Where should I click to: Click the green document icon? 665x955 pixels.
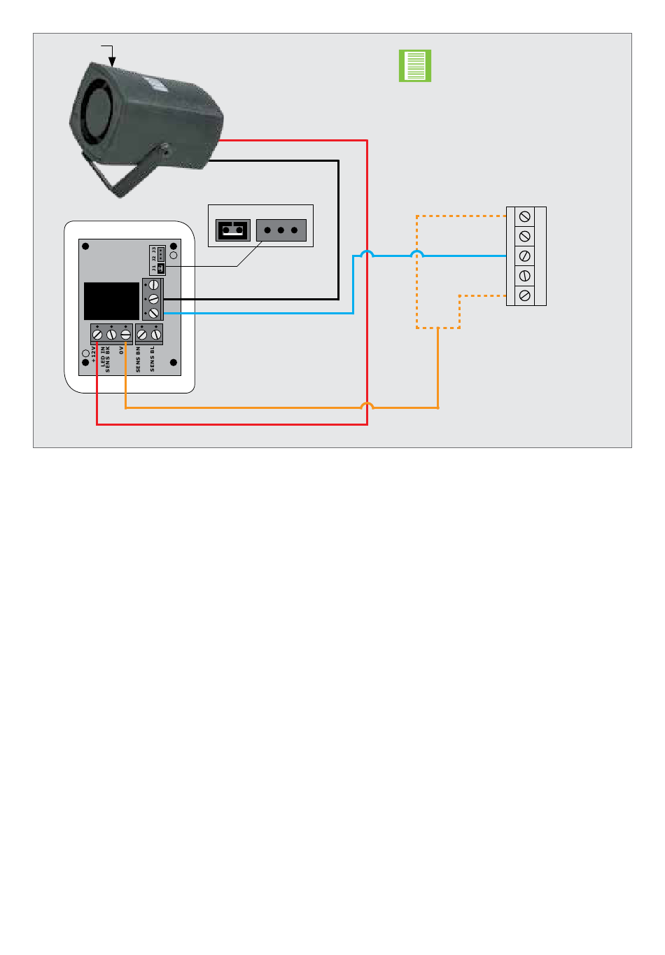pyautogui.click(x=415, y=66)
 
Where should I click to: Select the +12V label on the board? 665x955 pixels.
pyautogui.click(x=93, y=354)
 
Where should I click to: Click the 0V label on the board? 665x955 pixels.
pyautogui.click(x=121, y=349)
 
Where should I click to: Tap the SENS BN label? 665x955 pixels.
pyautogui.click(x=138, y=358)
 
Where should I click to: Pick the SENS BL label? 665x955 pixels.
pyautogui.click(x=152, y=358)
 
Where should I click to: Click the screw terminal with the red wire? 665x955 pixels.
pyautogui.click(x=97, y=335)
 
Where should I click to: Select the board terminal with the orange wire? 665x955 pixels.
pyautogui.click(x=126, y=335)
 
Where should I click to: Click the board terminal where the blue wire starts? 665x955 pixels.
pyautogui.click(x=153, y=313)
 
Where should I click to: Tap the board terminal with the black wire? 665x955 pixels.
pyautogui.click(x=153, y=299)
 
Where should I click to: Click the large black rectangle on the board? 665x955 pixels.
pyautogui.click(x=112, y=301)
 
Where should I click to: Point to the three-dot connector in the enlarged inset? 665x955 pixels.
pyautogui.click(x=281, y=230)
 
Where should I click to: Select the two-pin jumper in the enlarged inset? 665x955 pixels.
pyautogui.click(x=232, y=230)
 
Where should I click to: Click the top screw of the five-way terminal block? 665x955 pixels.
pyautogui.click(x=525, y=217)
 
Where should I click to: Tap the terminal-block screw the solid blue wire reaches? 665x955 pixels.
pyautogui.click(x=525, y=256)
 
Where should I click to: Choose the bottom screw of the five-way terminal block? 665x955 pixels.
pyautogui.click(x=525, y=295)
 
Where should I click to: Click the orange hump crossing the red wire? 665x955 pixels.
pyautogui.click(x=367, y=405)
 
